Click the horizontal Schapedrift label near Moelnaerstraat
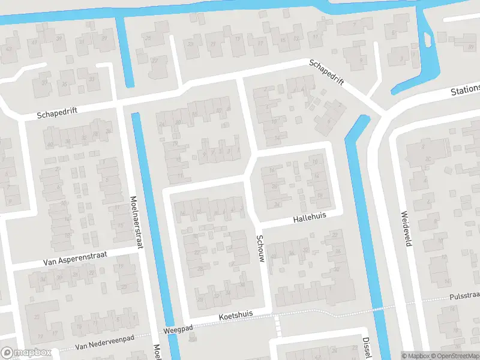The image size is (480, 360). click(x=58, y=113)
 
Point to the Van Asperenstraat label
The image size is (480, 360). click(x=75, y=259)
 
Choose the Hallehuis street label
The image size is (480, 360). click(x=310, y=217)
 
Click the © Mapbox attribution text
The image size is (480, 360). click(x=416, y=356)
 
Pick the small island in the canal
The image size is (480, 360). click(x=427, y=40)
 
